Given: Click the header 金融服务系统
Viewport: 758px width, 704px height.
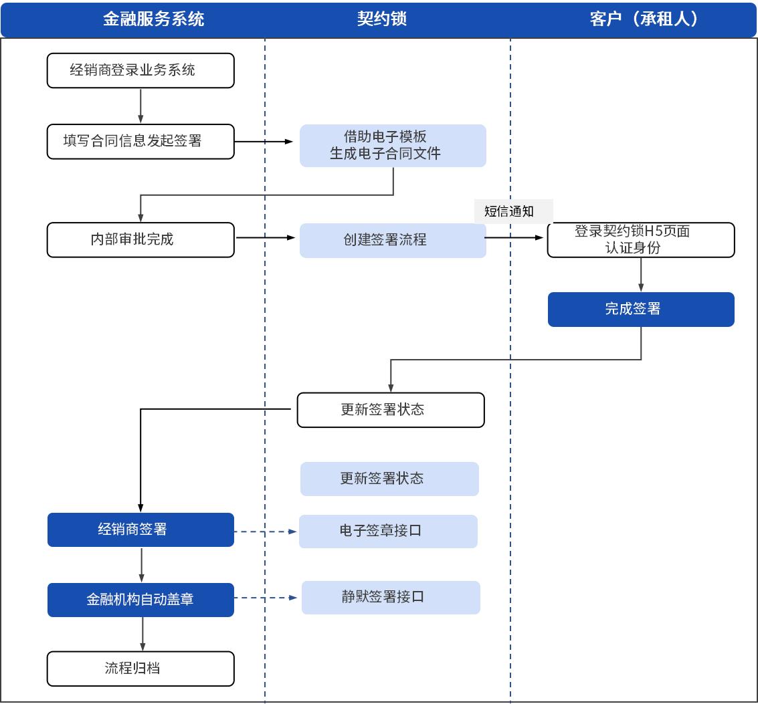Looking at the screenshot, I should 153,19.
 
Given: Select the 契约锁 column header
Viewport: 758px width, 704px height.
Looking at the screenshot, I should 382,19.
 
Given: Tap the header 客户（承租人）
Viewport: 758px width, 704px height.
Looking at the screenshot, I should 644,19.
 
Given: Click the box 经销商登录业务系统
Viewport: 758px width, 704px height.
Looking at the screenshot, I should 140,70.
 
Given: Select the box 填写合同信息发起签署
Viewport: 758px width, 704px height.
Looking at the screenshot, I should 140,141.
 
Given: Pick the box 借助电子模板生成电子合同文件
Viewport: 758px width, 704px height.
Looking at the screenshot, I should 393,145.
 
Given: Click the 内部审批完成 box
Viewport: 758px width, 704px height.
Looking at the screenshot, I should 140,239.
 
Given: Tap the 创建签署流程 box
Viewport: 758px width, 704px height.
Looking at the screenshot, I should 393,240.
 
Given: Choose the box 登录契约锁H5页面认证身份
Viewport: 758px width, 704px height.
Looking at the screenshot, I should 641,240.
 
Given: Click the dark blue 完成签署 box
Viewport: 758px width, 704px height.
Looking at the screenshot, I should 641,309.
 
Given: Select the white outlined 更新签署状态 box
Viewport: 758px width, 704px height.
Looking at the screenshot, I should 391,410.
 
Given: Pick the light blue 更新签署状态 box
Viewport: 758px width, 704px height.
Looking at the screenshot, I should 389,479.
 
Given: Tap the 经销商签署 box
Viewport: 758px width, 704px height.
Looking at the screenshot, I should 140,530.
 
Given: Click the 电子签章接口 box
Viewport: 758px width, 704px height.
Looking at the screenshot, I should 388,532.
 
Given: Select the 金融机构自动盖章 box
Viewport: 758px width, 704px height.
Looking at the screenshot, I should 140,600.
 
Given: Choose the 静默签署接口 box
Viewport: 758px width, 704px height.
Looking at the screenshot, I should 391,597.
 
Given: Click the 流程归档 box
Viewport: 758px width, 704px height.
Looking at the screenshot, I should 140,668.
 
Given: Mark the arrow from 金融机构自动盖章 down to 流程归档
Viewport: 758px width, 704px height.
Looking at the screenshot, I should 143,633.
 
